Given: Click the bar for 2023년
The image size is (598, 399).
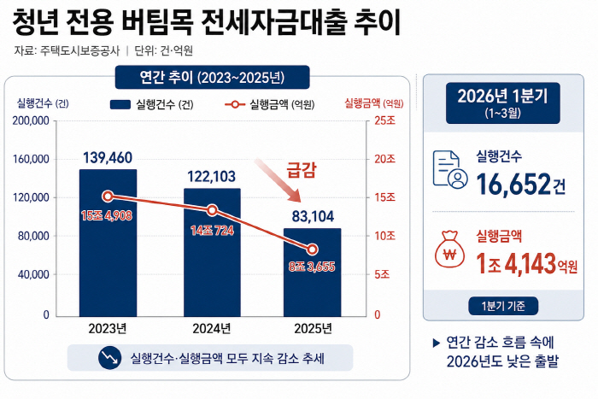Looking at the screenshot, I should tap(108, 248).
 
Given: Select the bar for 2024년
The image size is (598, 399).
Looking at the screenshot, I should tap(213, 256).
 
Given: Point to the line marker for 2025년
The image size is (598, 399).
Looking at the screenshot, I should tap(312, 249).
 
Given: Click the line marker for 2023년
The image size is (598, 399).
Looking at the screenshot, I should tap(108, 197).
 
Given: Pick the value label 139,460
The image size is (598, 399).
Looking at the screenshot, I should tap(108, 158).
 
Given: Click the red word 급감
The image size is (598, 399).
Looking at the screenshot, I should tap(302, 169).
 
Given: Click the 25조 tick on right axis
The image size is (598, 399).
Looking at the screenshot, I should tap(385, 121).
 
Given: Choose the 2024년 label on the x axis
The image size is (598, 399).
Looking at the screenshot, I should tap(213, 329).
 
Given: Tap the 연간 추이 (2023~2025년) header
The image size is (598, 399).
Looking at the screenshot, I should tap(212, 78).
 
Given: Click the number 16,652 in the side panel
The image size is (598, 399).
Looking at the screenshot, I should tap(513, 184).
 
